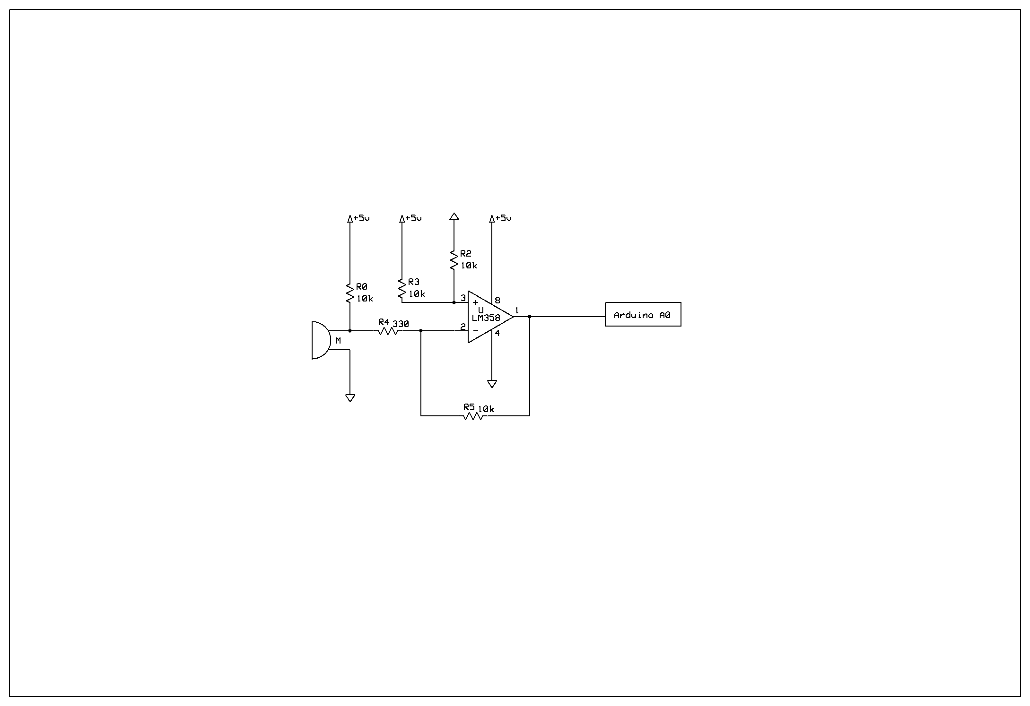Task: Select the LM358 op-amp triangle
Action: (490, 317)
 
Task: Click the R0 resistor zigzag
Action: (350, 293)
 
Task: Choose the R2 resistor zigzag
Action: (454, 260)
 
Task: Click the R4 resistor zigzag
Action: (388, 331)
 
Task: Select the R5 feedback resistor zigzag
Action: (473, 416)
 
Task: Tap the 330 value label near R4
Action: (401, 324)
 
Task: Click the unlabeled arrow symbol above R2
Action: (454, 216)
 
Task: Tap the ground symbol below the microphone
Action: (350, 398)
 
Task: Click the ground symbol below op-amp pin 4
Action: (492, 384)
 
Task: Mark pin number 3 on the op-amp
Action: (463, 298)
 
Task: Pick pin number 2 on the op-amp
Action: (463, 327)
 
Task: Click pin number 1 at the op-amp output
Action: (517, 310)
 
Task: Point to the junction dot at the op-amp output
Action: (530, 317)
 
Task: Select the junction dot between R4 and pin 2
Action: (421, 331)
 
